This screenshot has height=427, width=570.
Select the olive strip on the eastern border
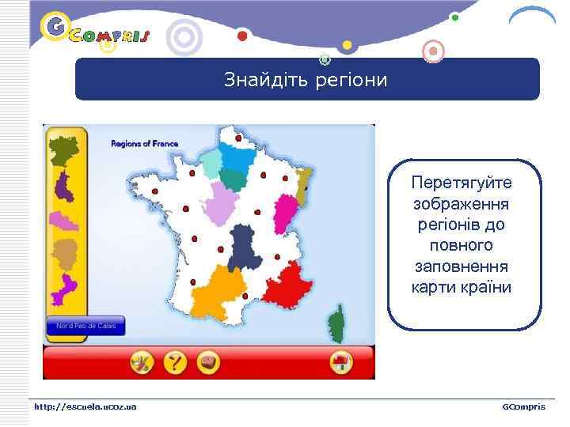tap(302, 184)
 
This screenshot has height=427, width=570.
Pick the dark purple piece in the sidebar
tap(62, 187)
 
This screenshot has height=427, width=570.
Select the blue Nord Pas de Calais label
tap(85, 326)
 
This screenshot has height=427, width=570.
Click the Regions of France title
tap(144, 144)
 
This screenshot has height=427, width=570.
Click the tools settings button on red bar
tap(142, 363)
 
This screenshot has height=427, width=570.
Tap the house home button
tap(340, 363)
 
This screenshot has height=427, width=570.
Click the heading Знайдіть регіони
tap(306, 80)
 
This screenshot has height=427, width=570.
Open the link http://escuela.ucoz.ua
tap(85, 406)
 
